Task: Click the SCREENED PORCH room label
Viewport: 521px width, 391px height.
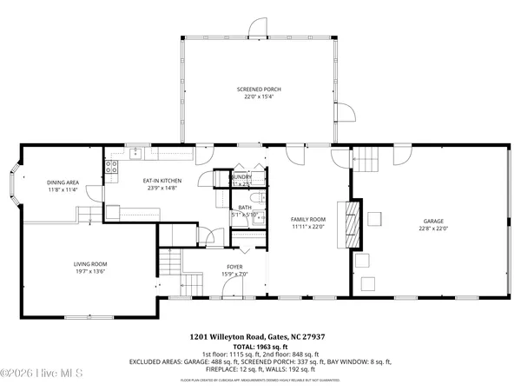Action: click(x=259, y=89)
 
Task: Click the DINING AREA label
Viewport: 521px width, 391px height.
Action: click(x=63, y=182)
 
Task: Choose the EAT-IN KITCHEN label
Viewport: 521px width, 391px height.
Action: click(x=161, y=180)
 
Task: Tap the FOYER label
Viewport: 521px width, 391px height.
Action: click(x=234, y=267)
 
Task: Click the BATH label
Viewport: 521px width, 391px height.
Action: click(x=245, y=207)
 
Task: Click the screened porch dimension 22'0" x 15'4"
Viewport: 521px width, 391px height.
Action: click(x=259, y=96)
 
